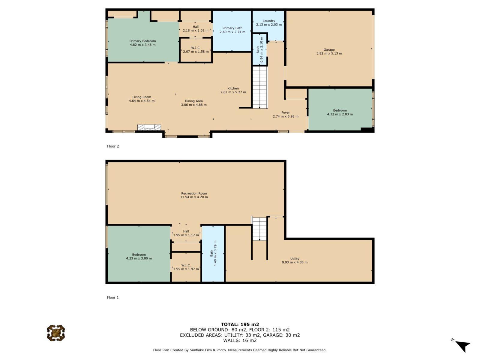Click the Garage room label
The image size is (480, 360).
tap(329, 49)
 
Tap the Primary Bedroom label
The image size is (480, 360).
tap(142, 41)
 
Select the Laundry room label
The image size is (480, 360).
tap(268, 21)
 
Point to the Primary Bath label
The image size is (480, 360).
tap(232, 28)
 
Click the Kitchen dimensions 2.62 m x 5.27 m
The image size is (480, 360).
tap(233, 92)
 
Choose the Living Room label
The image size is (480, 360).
tap(142, 97)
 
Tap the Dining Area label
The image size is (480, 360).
tap(193, 101)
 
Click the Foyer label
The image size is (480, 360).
tap(285, 112)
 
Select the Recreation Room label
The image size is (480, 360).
tap(194, 193)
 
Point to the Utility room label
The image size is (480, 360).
tap(295, 259)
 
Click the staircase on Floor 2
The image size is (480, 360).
tap(260, 87)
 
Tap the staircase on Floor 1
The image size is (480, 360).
tap(259, 229)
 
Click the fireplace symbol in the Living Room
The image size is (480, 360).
tap(149, 127)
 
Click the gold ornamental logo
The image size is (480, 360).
tap(56, 333)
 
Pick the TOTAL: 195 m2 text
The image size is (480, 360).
tap(240, 324)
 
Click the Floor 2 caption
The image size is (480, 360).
tap(113, 146)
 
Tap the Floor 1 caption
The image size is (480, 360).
tap(113, 297)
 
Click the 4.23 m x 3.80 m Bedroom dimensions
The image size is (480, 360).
tap(139, 258)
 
